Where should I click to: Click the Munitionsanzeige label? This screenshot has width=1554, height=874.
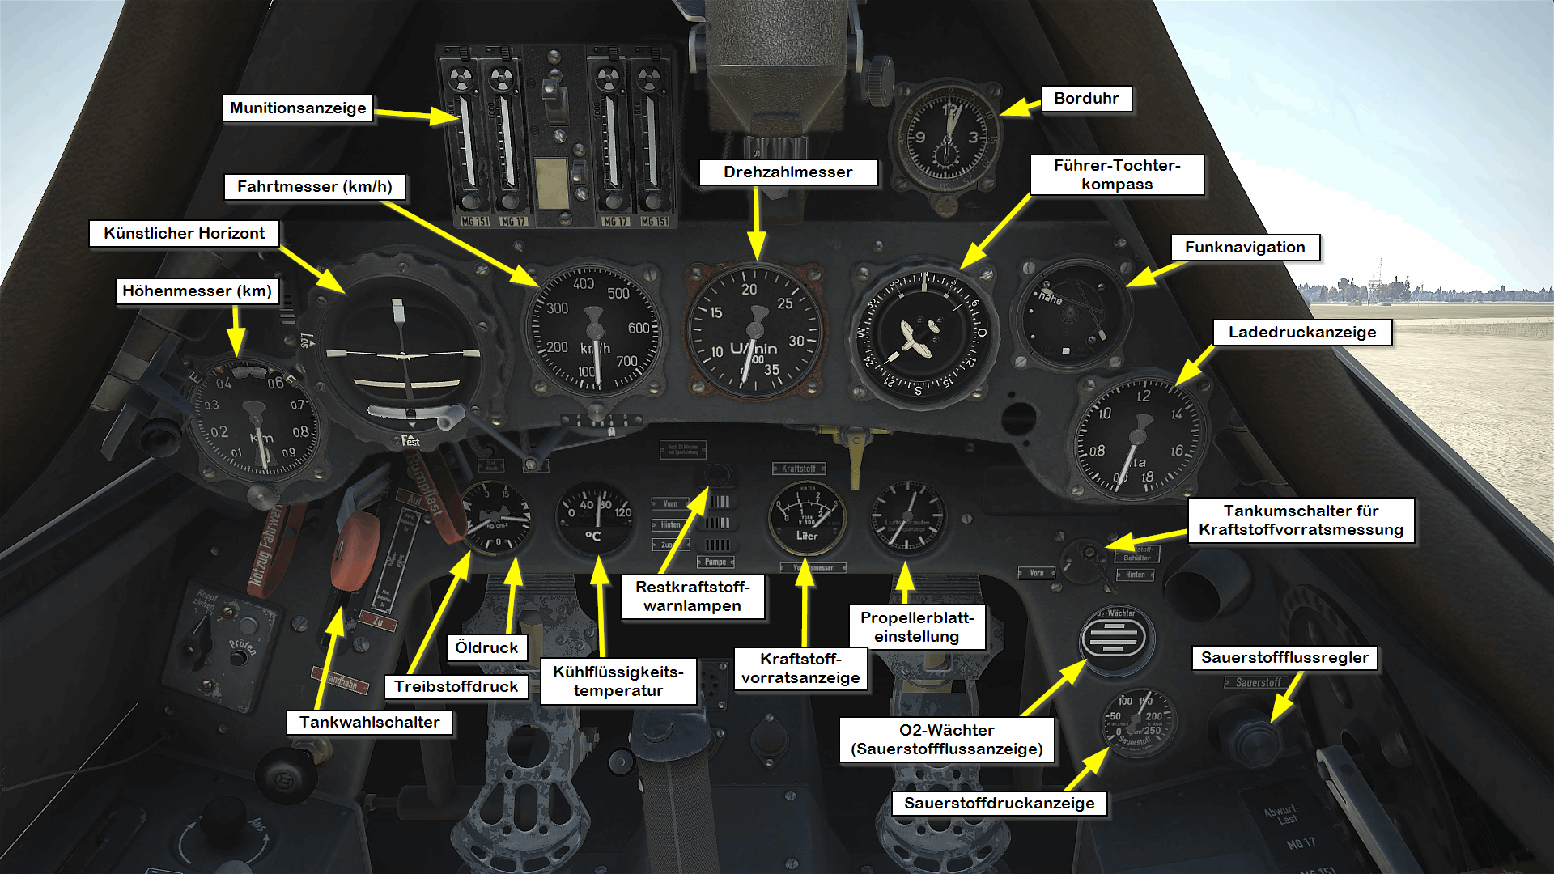tap(298, 108)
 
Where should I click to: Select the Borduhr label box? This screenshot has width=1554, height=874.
tap(1086, 99)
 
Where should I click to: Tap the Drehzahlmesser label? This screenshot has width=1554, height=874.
tap(788, 172)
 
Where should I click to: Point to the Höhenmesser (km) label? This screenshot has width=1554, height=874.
tap(197, 291)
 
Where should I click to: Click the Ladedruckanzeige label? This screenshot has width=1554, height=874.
tap(1302, 333)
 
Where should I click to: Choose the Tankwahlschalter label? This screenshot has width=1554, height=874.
tap(369, 722)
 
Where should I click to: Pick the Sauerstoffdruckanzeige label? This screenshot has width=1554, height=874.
tap(999, 803)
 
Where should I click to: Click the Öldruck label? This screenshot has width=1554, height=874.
tap(486, 647)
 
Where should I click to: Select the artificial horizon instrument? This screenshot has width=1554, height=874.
tap(402, 356)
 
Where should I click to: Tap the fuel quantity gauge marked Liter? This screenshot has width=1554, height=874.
tap(806, 518)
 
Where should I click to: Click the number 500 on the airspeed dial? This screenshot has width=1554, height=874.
tap(618, 293)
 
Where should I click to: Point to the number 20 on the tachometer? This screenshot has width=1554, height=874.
tap(749, 290)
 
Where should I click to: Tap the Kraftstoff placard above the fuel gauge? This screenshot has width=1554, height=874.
tap(799, 469)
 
